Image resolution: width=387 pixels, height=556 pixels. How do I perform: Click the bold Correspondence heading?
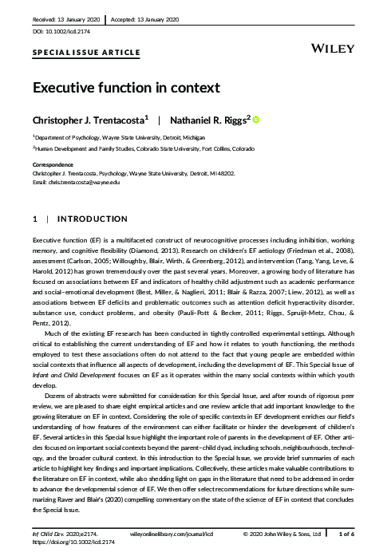click(54, 163)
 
